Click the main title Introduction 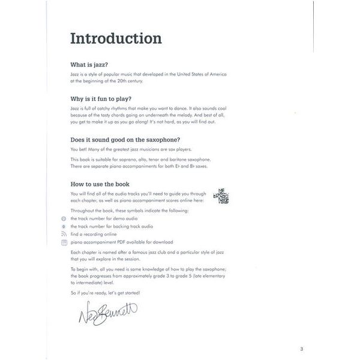coord(116,38)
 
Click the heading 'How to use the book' coord(100,184)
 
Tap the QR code coord(221,197)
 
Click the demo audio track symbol coord(64,219)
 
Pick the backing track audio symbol coord(64,227)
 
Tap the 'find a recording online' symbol coord(64,235)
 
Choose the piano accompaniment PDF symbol coord(64,242)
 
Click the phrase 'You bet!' coord(79,150)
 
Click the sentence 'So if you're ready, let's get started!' coord(105,292)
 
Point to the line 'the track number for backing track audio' coord(112,227)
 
